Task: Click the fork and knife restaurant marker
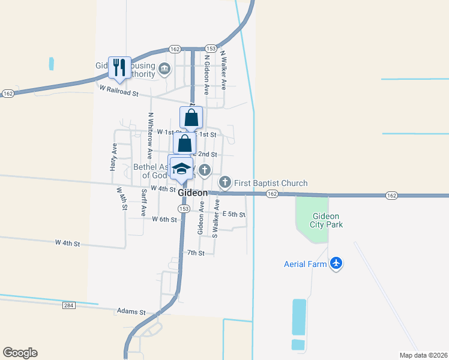(x=119, y=67)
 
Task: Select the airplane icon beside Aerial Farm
(x=336, y=263)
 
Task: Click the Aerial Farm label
(x=305, y=263)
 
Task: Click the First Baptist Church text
(x=271, y=183)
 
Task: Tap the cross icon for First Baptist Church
(x=225, y=182)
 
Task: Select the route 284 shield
(x=69, y=305)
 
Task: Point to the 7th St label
(x=196, y=253)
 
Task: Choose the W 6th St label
(x=164, y=220)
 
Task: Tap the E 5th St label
(x=234, y=214)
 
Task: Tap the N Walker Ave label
(x=222, y=70)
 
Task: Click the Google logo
(x=20, y=353)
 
